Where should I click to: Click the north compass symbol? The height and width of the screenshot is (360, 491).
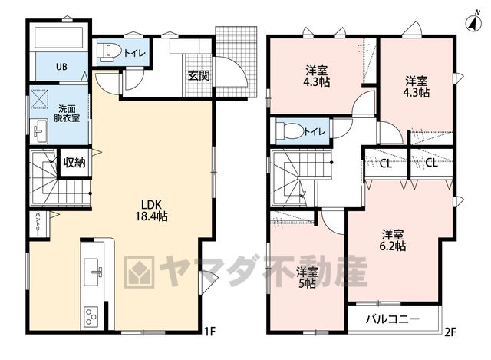(474, 23)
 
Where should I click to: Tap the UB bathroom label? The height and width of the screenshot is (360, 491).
(61, 67)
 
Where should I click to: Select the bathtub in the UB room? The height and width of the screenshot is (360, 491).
(58, 38)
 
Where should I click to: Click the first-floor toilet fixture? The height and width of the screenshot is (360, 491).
(108, 51)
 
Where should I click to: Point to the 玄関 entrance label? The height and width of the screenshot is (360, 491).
(199, 76)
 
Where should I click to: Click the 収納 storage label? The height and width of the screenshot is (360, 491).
(75, 163)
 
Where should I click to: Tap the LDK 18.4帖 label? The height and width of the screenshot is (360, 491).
(151, 210)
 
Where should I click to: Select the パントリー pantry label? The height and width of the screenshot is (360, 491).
(38, 224)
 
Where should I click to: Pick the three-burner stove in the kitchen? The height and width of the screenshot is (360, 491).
(91, 316)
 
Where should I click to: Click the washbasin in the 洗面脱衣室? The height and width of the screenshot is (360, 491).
(39, 130)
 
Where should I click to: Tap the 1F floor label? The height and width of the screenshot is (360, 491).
(209, 332)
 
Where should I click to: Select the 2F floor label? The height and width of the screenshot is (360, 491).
(450, 332)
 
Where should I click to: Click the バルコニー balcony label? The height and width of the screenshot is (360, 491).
(393, 319)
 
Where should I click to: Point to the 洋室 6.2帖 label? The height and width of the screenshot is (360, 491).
(393, 240)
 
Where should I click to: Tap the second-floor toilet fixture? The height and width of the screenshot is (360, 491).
(290, 131)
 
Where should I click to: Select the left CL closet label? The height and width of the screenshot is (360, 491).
(386, 163)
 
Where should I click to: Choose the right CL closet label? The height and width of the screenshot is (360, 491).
(431, 163)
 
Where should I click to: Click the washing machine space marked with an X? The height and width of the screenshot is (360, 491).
(40, 99)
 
